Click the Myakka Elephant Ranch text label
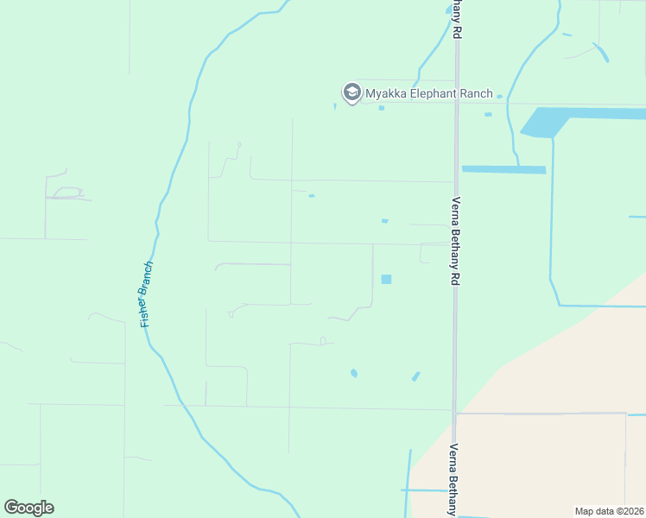coord(428,93)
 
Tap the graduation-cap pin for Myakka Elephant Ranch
coord(351,92)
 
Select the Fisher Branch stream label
coord(147,294)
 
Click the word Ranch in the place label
coord(476,93)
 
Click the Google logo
coord(28,507)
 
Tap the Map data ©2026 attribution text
coord(609,511)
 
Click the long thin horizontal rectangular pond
coord(503,169)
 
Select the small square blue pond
coord(386,279)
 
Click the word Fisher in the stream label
coord(144,313)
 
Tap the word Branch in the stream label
coord(149,278)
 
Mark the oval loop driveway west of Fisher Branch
coord(67,193)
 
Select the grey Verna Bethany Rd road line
coord(455,345)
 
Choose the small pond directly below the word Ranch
coord(488,114)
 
